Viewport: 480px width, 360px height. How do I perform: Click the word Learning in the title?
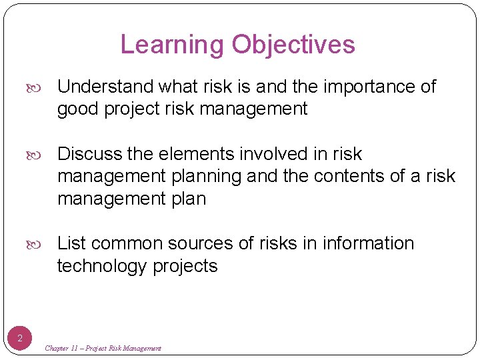coord(173,45)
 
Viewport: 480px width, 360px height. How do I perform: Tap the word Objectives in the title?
coord(293,45)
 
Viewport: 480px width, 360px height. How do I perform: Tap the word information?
coord(368,243)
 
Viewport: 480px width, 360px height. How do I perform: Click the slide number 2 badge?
coord(20,339)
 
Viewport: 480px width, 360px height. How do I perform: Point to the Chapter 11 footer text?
coord(103,348)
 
